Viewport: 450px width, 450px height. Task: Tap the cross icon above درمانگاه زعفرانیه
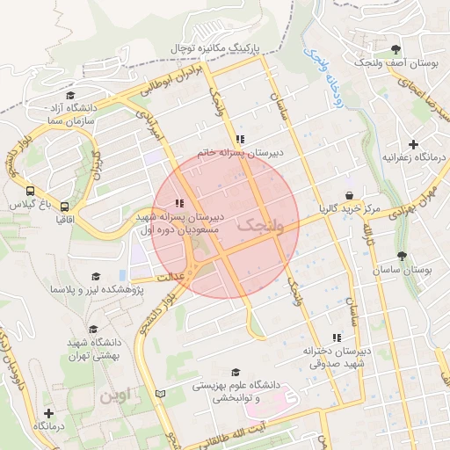pyautogui.click(x=413, y=143)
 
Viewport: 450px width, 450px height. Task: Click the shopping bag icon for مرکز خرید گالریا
pyautogui.click(x=350, y=196)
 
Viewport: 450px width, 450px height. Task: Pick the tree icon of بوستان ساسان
pyautogui.click(x=402, y=257)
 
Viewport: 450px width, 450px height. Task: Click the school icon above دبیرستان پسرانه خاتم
pyautogui.click(x=239, y=139)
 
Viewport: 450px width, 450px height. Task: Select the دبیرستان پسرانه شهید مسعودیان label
pyautogui.click(x=181, y=222)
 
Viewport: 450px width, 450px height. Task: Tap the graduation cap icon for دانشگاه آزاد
pyautogui.click(x=70, y=95)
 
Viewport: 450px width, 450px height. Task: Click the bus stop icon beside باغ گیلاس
pyautogui.click(x=32, y=190)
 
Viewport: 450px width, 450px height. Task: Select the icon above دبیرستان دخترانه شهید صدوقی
pyautogui.click(x=336, y=337)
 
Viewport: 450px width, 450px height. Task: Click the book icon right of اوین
pyautogui.click(x=159, y=392)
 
